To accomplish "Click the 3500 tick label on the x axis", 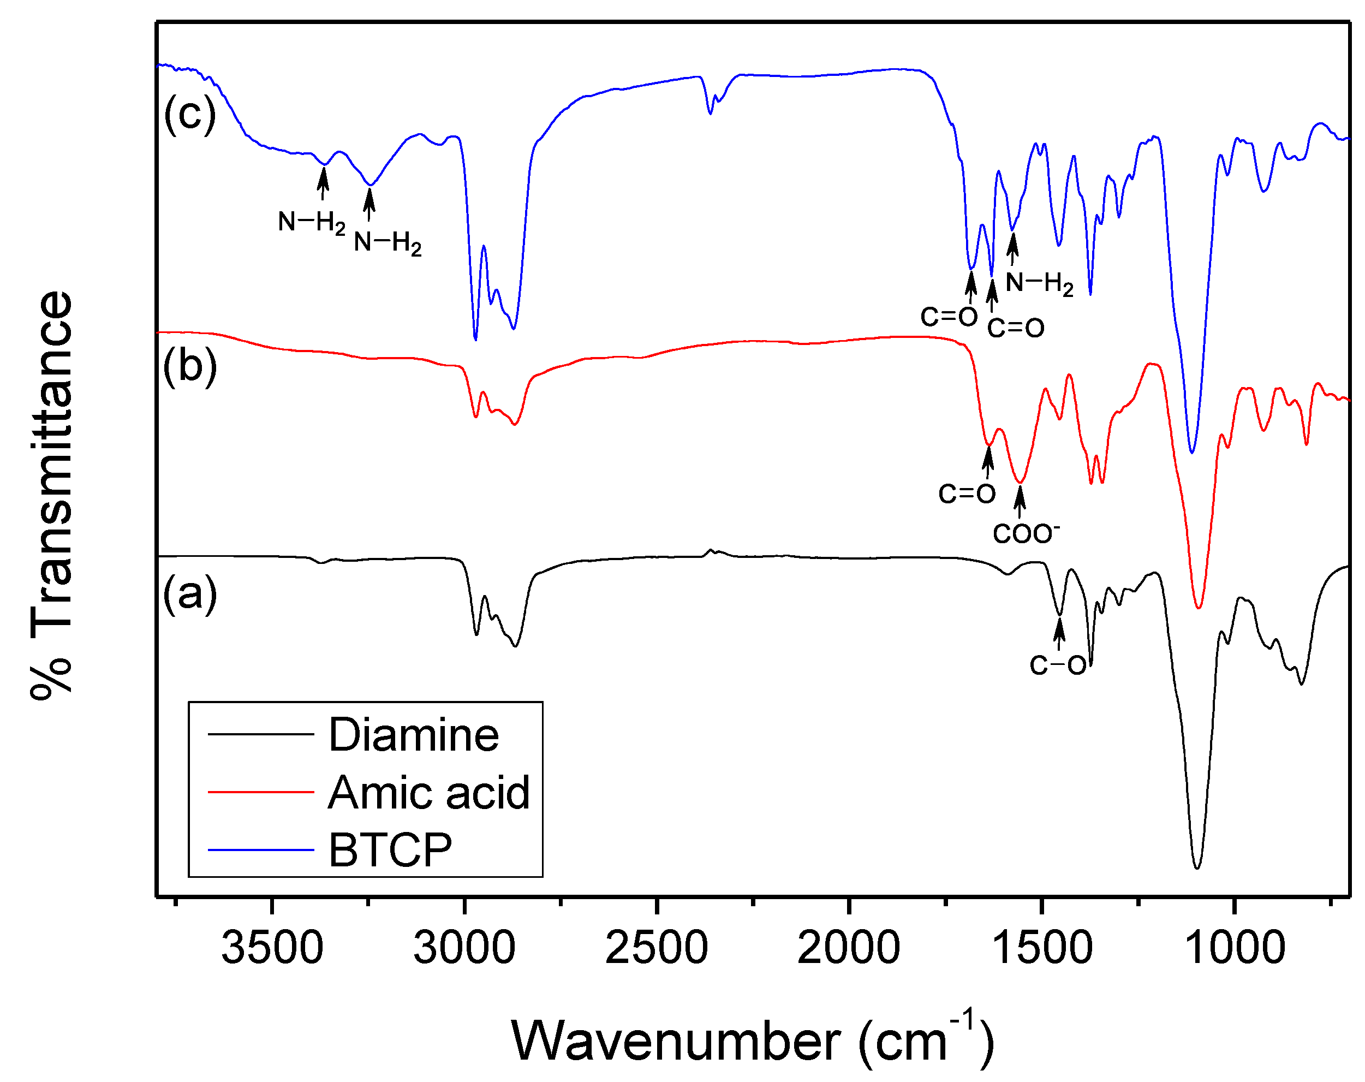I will pyautogui.click(x=272, y=948).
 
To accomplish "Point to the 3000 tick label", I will pyautogui.click(x=464, y=948).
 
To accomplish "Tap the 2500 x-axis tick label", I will pyautogui.click(x=657, y=948).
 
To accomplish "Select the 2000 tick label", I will pyautogui.click(x=848, y=948).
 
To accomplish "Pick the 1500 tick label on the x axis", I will pyautogui.click(x=1041, y=948).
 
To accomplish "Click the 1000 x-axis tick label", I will pyautogui.click(x=1234, y=948).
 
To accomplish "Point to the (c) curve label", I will pyautogui.click(x=190, y=114).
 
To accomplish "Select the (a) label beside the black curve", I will pyautogui.click(x=190, y=593).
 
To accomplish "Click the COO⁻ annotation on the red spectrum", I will pyautogui.click(x=1026, y=533).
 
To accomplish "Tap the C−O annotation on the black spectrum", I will pyautogui.click(x=1058, y=665).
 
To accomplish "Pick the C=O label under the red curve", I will pyautogui.click(x=967, y=493).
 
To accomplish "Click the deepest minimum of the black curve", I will pyautogui.click(x=1196, y=867).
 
